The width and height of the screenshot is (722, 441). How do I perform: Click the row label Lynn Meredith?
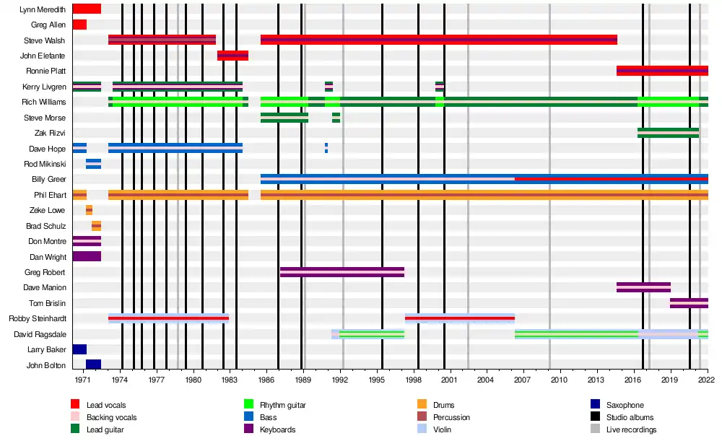(43, 9)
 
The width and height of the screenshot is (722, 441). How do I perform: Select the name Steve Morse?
(45, 118)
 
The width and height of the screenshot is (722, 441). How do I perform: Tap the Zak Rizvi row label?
(50, 133)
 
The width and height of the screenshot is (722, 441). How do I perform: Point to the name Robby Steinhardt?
(37, 318)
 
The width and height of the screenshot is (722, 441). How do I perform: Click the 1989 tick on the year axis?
(303, 379)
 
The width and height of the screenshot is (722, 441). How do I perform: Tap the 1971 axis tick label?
(83, 379)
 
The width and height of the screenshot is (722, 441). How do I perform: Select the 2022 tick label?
(707, 379)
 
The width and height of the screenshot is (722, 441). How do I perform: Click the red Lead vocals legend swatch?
(75, 405)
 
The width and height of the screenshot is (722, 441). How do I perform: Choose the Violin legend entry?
(443, 429)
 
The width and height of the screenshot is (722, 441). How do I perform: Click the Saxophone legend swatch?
(595, 405)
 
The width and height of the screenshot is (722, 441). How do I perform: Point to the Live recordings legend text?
(631, 429)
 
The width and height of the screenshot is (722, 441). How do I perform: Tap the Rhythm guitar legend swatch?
(248, 405)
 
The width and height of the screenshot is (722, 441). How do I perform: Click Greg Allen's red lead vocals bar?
(79, 25)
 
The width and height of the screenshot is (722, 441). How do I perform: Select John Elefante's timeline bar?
(232, 56)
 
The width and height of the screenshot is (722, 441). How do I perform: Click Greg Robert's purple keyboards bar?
(342, 272)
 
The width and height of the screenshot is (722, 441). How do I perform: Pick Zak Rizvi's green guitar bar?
(668, 133)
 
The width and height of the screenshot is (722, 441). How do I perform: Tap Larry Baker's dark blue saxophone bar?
(79, 349)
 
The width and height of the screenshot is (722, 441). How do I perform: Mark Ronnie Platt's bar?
(662, 71)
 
